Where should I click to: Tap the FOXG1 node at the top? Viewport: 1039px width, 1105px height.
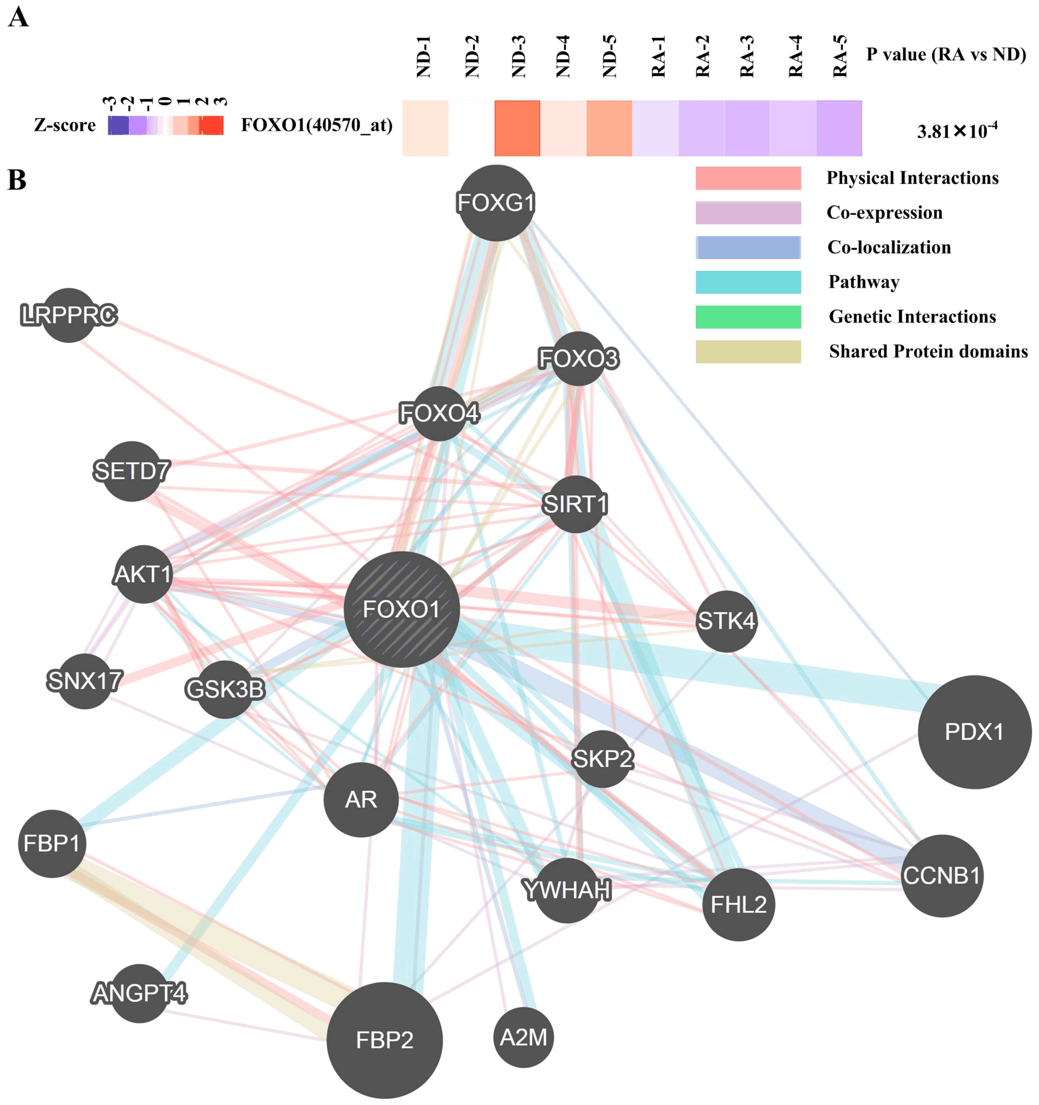[496, 203]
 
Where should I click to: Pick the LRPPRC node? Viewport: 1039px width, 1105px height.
[69, 315]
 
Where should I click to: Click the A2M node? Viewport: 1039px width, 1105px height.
[523, 1037]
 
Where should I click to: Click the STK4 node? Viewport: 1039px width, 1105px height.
[726, 621]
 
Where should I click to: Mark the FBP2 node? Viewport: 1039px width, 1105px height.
[384, 1040]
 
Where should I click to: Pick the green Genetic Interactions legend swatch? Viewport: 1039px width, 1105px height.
[748, 317]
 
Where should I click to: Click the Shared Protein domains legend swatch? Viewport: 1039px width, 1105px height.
[748, 351]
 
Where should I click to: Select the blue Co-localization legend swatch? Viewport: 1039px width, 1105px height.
[748, 247]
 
